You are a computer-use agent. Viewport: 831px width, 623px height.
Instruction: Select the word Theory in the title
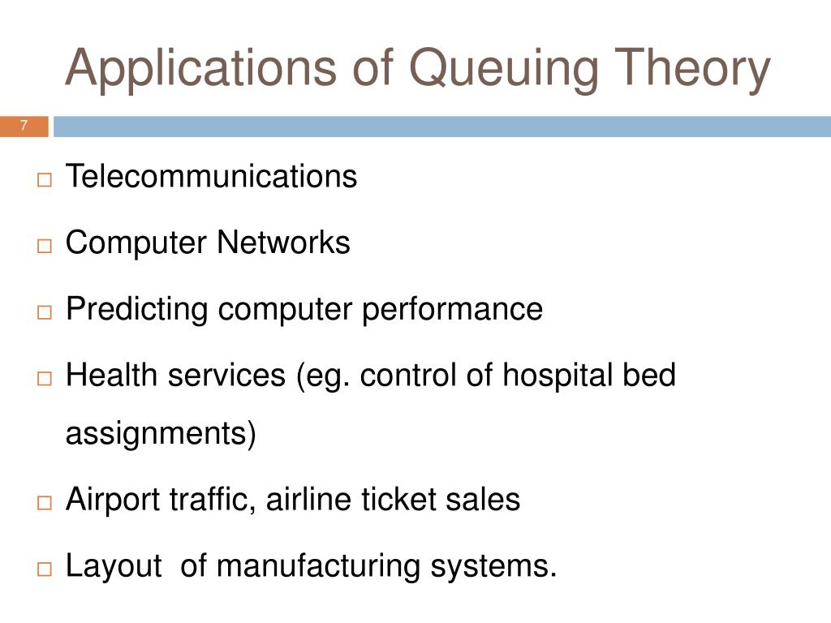(x=698, y=68)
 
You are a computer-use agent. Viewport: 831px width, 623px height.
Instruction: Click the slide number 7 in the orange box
(x=24, y=126)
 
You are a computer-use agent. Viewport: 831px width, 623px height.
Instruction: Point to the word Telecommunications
(x=211, y=176)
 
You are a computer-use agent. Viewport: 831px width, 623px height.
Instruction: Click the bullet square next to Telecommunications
(x=44, y=179)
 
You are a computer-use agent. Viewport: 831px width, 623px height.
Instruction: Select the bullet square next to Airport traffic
(x=44, y=502)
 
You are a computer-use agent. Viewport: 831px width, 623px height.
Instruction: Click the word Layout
(x=114, y=566)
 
